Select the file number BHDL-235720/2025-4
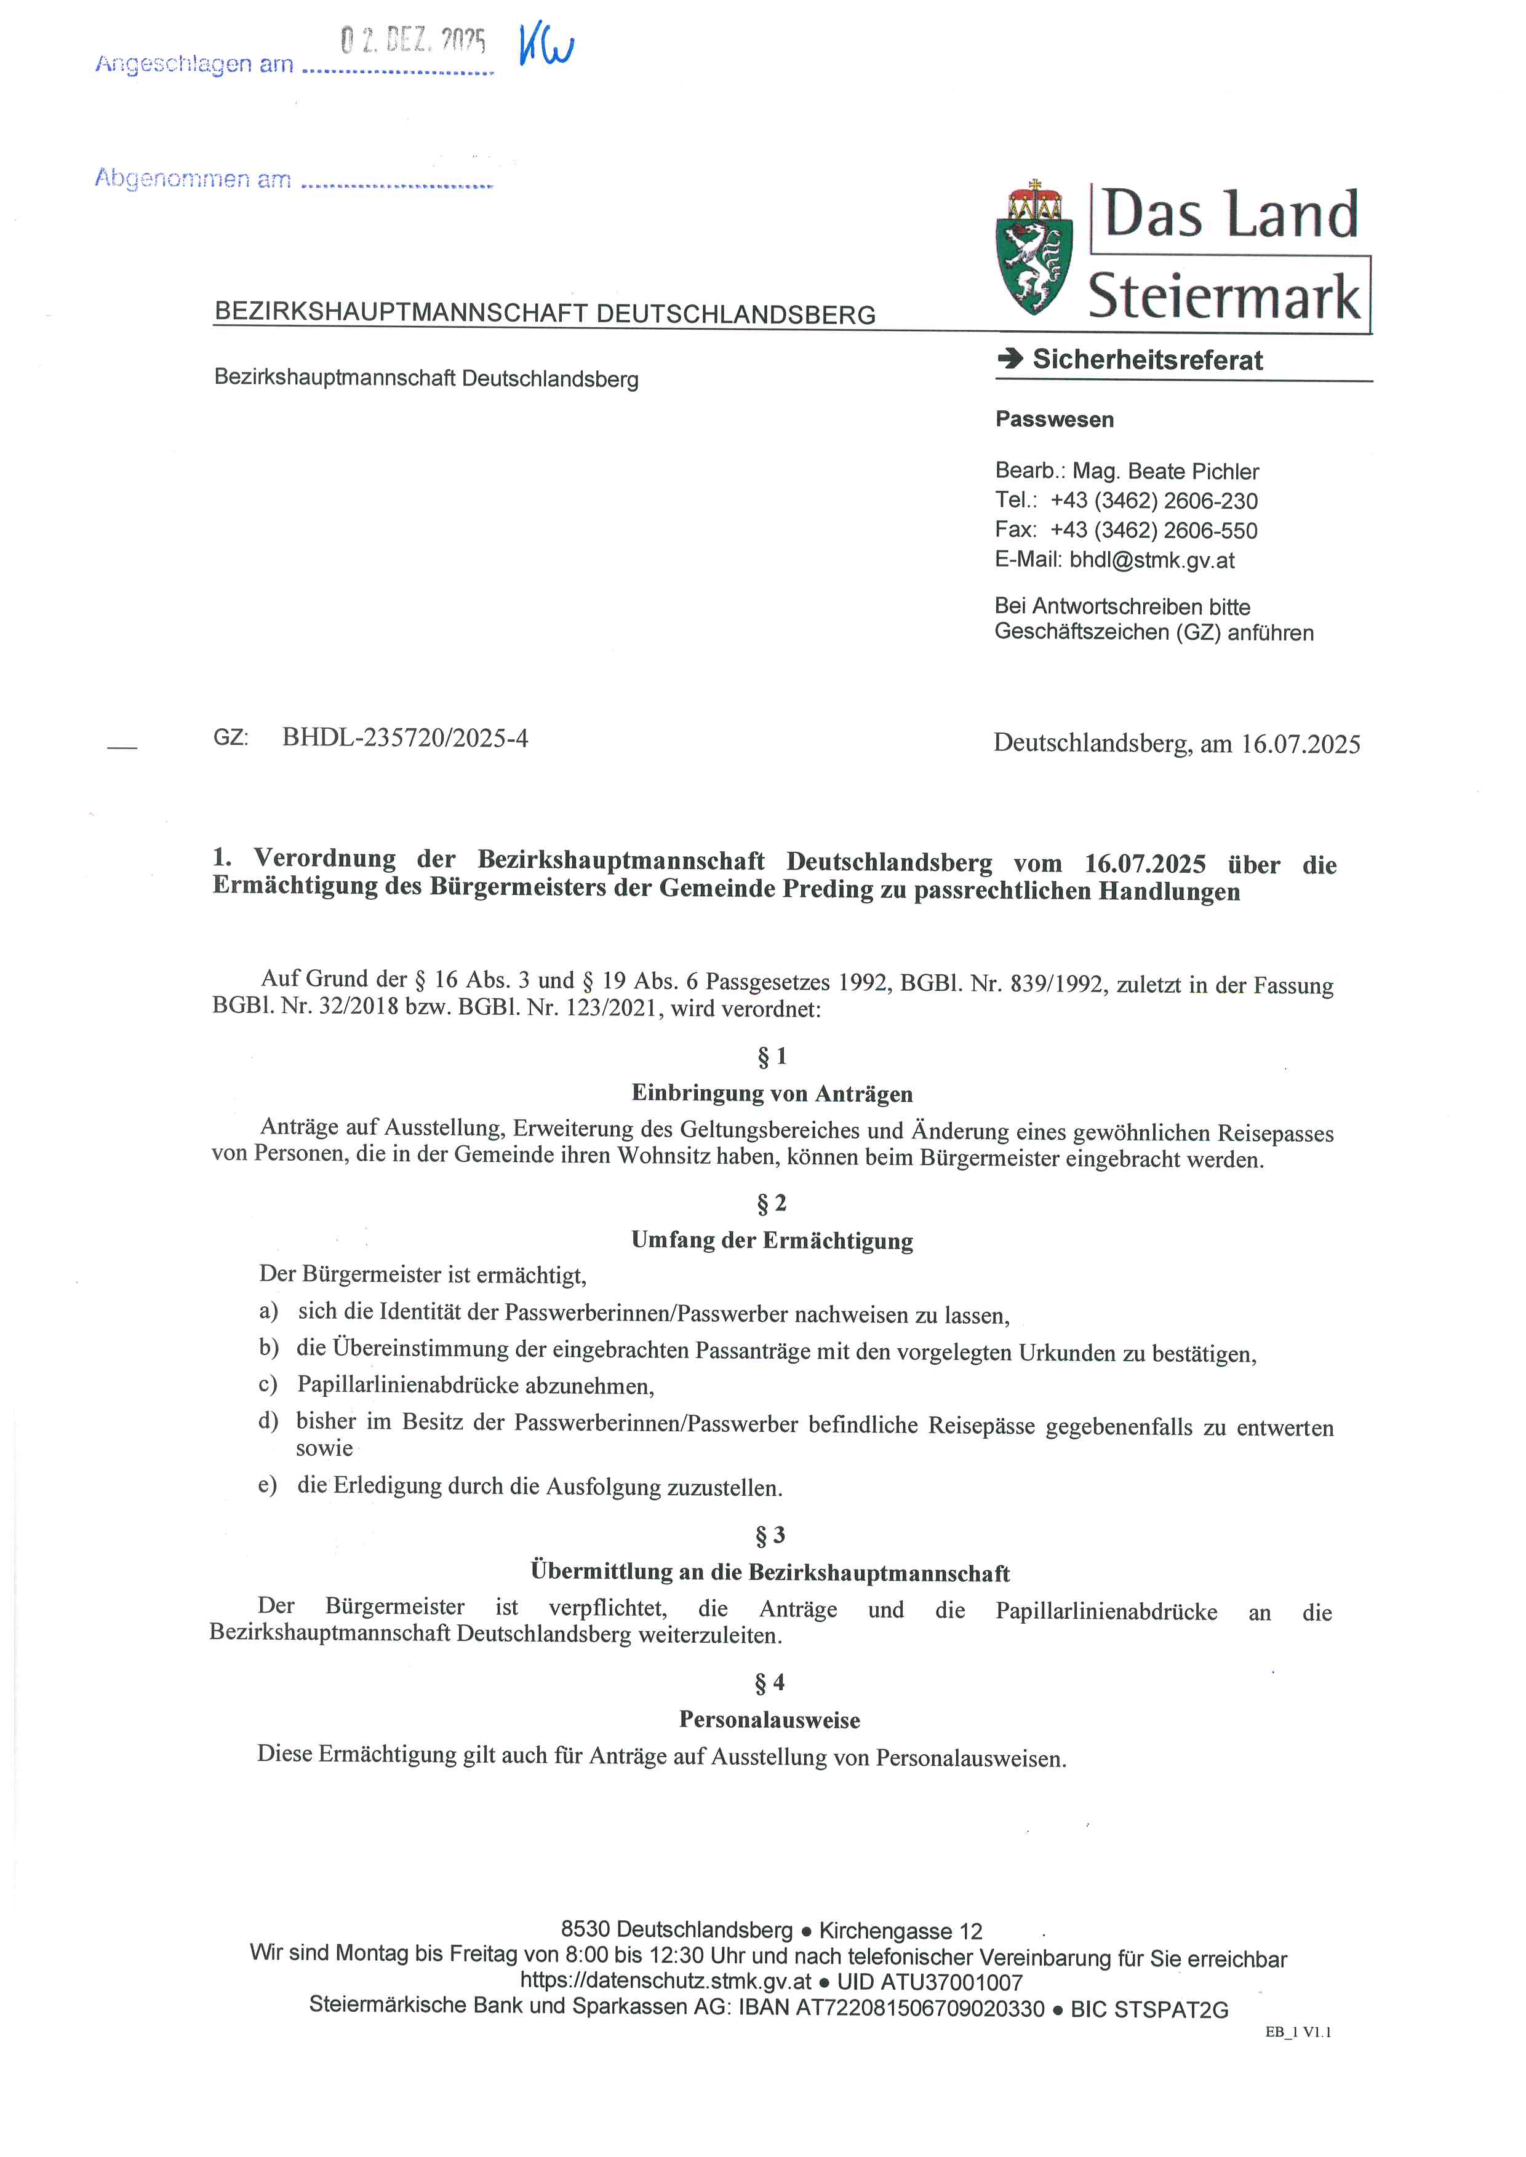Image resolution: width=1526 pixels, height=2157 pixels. [x=405, y=739]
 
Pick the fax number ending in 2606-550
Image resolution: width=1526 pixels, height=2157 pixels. [x=1153, y=531]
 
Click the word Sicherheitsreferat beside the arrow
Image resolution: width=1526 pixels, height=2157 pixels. [x=1148, y=360]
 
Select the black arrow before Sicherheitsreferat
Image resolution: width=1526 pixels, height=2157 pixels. [x=1010, y=358]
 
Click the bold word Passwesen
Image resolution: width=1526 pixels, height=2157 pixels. [x=1054, y=420]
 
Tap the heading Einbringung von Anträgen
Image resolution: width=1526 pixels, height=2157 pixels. [x=772, y=1094]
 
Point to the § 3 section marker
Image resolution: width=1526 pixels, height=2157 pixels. [x=770, y=1536]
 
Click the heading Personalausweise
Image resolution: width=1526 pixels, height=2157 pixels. [x=770, y=1720]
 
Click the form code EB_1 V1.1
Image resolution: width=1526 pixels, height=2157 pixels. [x=1298, y=2032]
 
